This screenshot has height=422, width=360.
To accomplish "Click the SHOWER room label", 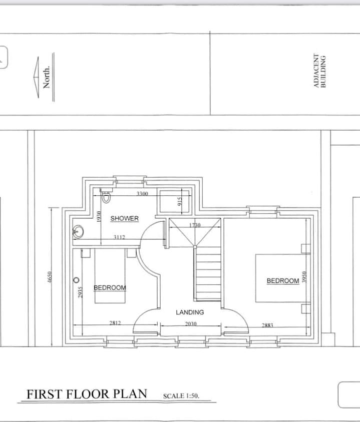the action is coord(124,218).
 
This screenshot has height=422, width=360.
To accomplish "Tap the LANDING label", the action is coord(190,312).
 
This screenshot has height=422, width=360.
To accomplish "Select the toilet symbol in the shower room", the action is coord(106,196).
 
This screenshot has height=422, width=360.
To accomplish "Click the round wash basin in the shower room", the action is coord(78,231).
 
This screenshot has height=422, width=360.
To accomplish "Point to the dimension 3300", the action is coord(142,194).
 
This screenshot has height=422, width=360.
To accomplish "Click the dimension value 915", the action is coord(180,201).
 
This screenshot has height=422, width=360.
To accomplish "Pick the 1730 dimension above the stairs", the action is coord(195,225).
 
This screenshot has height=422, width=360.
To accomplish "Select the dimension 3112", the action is coord(119,237).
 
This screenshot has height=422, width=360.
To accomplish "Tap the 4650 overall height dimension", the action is coord(49,277).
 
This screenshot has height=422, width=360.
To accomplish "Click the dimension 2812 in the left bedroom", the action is coord(115,323).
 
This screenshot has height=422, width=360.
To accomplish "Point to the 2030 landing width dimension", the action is coord(191,324).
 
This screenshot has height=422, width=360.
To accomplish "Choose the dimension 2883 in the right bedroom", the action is coord(267,325).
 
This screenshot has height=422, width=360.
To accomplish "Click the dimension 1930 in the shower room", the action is coord(99,216).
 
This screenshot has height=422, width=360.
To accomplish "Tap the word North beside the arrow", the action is coord(47,77).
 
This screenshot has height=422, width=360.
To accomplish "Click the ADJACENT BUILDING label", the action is coord(319,71).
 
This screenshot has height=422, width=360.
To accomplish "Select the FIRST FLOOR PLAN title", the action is coord(87,394).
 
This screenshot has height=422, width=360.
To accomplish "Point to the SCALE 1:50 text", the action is coord(181,395).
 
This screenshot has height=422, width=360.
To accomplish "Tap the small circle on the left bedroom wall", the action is coord(77,280).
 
